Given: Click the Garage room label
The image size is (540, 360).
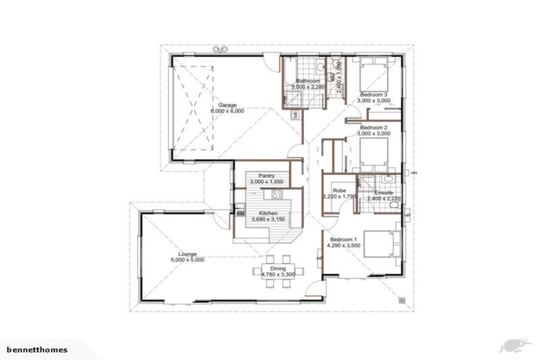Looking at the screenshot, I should [x=227, y=105].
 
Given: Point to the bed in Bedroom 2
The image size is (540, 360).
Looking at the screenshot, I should [x=371, y=150].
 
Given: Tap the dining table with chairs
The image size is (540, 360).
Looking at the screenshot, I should [x=280, y=269].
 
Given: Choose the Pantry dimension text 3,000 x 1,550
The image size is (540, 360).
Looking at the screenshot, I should [x=266, y=182].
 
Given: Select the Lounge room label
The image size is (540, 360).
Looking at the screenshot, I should [x=188, y=254].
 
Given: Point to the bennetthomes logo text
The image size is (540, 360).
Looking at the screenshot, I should [x=36, y=349].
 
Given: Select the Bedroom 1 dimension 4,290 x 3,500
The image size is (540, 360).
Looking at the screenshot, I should [x=344, y=246].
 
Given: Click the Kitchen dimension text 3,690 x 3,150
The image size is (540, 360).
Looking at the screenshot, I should [x=268, y=219].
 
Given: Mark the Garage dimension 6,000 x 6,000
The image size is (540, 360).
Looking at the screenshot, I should [x=227, y=111].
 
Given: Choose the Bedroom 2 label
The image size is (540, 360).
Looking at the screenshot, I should [x=373, y=127].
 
